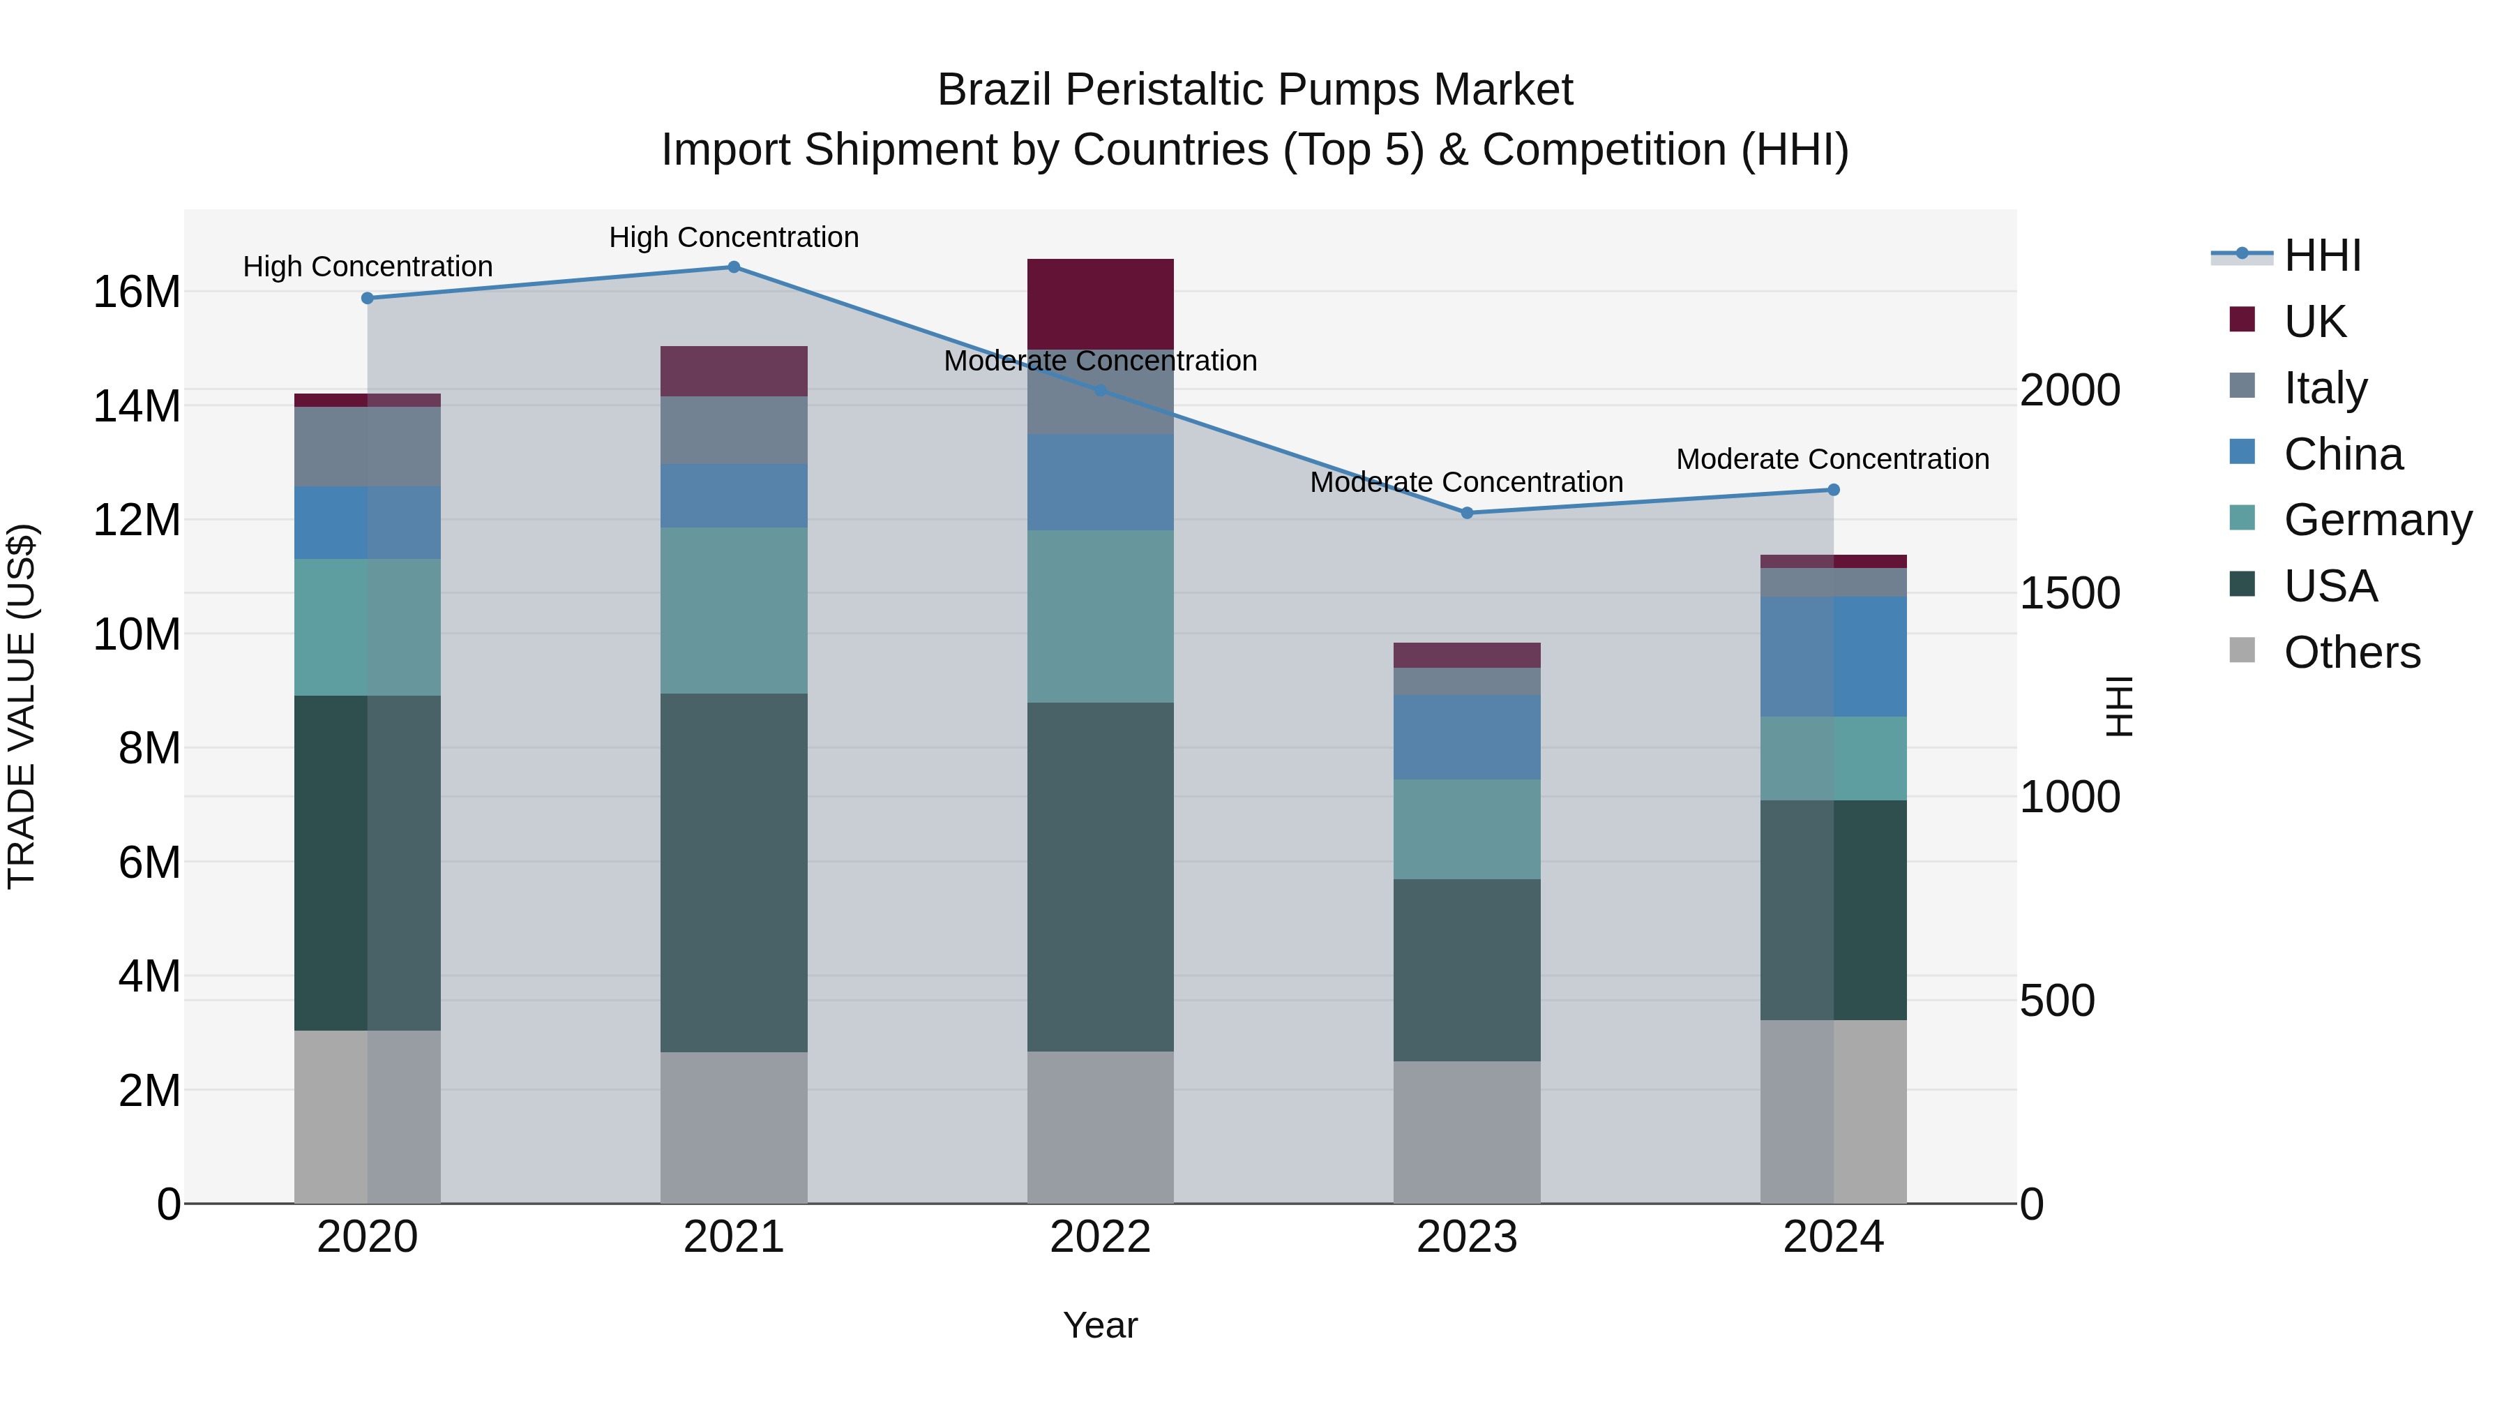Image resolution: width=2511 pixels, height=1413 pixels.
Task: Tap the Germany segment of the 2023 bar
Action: (1466, 829)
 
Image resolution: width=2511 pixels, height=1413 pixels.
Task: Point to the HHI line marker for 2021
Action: (734, 267)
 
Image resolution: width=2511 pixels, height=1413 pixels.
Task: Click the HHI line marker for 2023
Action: (1466, 513)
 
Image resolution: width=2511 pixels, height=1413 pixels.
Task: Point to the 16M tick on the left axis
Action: (137, 292)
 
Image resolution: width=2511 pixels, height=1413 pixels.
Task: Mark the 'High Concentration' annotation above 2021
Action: (734, 237)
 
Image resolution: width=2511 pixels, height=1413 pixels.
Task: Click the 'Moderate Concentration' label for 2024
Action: (1832, 458)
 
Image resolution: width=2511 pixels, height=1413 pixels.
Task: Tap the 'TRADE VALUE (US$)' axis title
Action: (22, 706)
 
